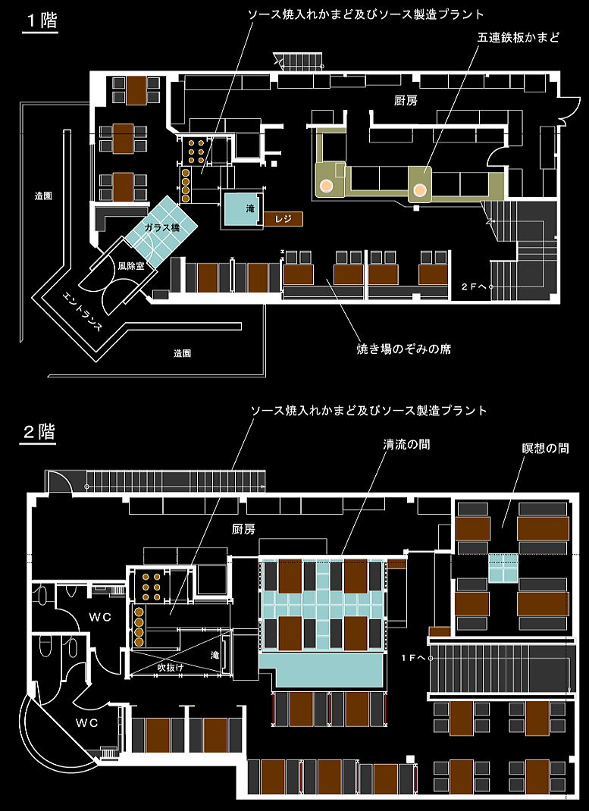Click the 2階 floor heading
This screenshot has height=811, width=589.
(39, 431)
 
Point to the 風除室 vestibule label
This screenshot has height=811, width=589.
(130, 266)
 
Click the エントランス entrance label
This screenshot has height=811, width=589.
(80, 312)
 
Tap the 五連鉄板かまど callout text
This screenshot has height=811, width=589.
(517, 37)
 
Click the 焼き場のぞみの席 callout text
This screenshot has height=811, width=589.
(404, 349)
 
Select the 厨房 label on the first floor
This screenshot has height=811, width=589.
(406, 102)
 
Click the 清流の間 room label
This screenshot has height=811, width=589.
(406, 443)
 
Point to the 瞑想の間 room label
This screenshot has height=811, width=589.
(545, 448)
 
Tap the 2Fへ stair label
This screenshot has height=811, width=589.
(475, 286)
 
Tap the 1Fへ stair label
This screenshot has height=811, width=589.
(413, 658)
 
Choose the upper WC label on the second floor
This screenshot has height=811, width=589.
(100, 618)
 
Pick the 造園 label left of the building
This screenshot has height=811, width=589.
(43, 196)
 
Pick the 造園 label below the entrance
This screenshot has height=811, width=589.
(182, 353)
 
